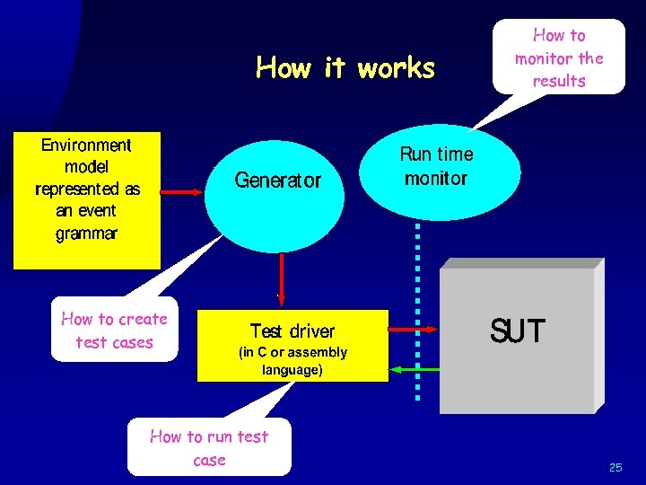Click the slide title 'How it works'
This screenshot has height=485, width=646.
pos(345,68)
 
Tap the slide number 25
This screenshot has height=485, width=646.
pos(615,467)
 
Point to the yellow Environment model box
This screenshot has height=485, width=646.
pos(87,199)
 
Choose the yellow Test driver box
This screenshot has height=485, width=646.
pos(292,346)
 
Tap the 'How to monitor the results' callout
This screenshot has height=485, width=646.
pos(558,57)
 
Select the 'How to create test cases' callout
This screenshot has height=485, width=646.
pos(114,331)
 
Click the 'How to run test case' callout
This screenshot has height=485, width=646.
pos(209,447)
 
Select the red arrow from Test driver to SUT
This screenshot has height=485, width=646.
pos(413,331)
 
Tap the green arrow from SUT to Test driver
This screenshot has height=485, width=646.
pos(413,369)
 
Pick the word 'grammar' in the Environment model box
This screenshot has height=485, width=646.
pos(86,234)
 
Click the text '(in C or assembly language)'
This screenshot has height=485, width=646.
pos(292,361)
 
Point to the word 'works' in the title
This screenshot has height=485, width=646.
pos(396,68)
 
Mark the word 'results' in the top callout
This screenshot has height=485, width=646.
pos(558,81)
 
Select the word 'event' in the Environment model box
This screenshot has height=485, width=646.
pos(99,211)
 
